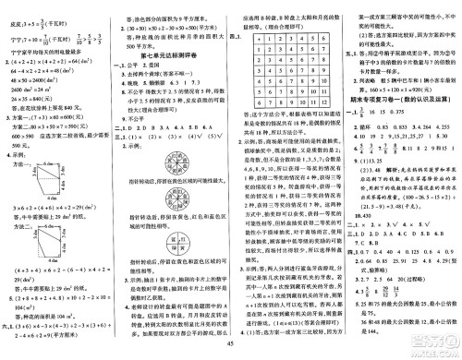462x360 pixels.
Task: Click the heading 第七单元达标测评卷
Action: [170, 58]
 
